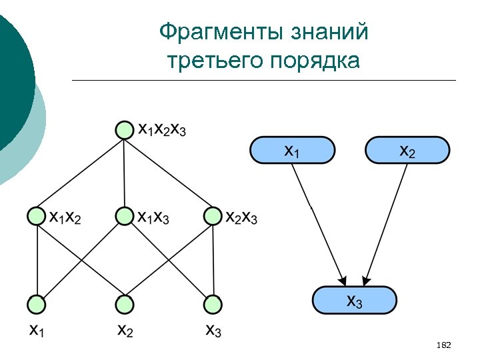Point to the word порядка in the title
point(315,61)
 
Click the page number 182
point(443,345)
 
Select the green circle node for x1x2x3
point(124,129)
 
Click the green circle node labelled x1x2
point(37,216)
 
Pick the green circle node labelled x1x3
point(124,216)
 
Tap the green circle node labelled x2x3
point(213,216)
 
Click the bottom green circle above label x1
point(37,304)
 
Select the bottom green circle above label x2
point(124,304)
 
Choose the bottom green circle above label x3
point(213,304)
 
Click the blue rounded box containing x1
point(292,150)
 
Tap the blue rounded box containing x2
point(407,150)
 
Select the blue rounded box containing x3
point(355,300)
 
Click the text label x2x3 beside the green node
point(241,217)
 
